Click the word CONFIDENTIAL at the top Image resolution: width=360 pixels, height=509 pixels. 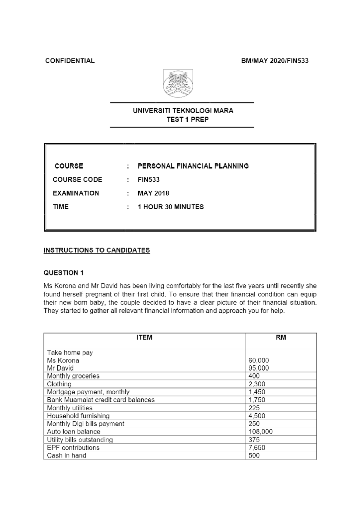click(x=70, y=61)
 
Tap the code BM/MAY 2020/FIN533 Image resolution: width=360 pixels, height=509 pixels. click(x=275, y=61)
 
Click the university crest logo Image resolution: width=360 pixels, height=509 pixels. click(x=178, y=83)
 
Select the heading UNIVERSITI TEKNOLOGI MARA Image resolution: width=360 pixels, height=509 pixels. click(x=183, y=111)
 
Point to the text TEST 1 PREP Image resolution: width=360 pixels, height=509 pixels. click(x=187, y=119)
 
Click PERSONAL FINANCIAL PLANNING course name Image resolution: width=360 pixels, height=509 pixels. click(x=193, y=166)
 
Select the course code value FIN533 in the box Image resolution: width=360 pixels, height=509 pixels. click(x=148, y=180)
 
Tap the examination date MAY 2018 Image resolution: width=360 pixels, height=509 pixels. click(x=153, y=193)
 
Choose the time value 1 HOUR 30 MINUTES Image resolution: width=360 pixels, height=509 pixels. click(x=170, y=207)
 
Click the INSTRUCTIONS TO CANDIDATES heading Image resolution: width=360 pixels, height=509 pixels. click(x=97, y=250)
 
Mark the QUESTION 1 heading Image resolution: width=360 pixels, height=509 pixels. click(x=64, y=273)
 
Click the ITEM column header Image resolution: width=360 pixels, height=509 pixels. click(x=144, y=338)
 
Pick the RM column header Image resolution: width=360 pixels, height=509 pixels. click(x=281, y=338)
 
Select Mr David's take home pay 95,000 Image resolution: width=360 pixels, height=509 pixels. click(x=259, y=368)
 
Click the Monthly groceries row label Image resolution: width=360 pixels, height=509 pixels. click(x=73, y=376)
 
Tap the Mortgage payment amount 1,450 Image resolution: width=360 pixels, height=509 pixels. click(x=257, y=392)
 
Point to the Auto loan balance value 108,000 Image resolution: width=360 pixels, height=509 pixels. click(x=260, y=432)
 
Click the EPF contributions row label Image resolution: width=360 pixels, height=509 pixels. click(x=73, y=448)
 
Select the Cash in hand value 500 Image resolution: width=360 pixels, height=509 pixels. click(x=254, y=455)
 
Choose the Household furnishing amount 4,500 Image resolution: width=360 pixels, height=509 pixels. click(x=257, y=416)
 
